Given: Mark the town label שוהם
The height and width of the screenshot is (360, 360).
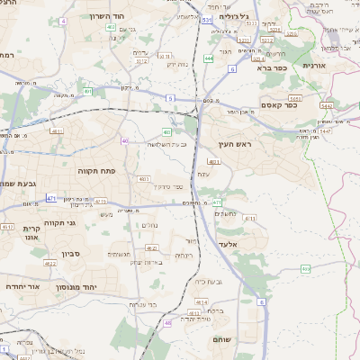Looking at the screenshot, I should click(x=223, y=339).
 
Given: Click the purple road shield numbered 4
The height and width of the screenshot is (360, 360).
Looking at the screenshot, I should click(x=63, y=20).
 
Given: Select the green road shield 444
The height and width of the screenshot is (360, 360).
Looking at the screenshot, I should click(x=209, y=58).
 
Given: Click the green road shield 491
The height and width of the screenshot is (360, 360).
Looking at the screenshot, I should click(x=87, y=91).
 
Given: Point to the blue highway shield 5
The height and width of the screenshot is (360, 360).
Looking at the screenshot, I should click(x=168, y=97).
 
